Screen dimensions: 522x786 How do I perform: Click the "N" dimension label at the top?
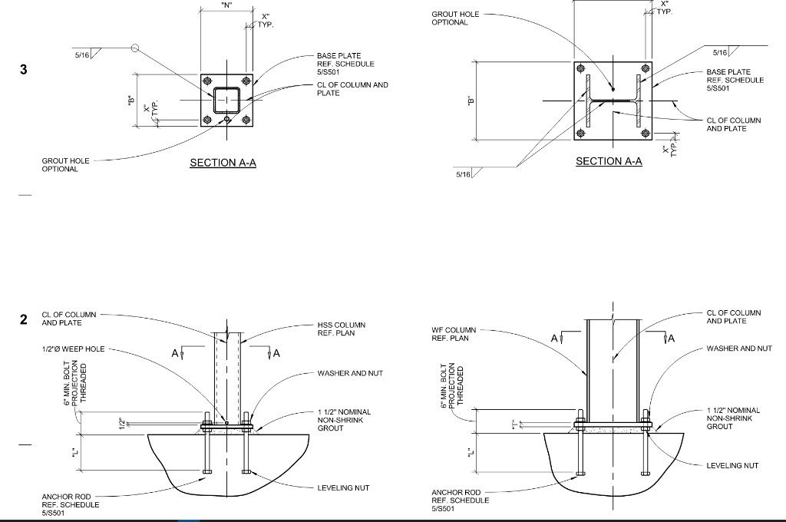[226, 5]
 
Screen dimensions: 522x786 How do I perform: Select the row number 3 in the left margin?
[24, 70]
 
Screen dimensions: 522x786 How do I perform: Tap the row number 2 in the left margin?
[24, 319]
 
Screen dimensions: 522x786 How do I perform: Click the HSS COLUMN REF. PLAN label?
[341, 329]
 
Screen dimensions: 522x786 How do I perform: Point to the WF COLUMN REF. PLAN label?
[454, 334]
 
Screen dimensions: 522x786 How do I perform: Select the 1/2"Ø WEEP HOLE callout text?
[73, 349]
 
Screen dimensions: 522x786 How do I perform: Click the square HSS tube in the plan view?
[226, 100]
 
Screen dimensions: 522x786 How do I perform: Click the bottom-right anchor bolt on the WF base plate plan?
[646, 133]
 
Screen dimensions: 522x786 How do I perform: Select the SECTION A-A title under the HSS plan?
[223, 163]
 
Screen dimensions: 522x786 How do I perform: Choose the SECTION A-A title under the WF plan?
[609, 161]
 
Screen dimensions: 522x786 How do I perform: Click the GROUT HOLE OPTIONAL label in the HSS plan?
[65, 165]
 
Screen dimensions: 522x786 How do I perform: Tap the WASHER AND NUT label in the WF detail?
[739, 349]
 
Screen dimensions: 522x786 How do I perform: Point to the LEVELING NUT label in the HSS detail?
[343, 488]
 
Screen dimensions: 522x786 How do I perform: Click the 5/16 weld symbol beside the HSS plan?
[82, 55]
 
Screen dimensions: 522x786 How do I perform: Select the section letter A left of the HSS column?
[176, 354]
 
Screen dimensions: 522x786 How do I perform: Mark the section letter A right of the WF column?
[671, 338]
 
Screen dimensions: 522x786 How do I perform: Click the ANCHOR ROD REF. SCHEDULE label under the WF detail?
[460, 500]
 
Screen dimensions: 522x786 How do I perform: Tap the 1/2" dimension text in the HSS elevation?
[121, 421]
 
